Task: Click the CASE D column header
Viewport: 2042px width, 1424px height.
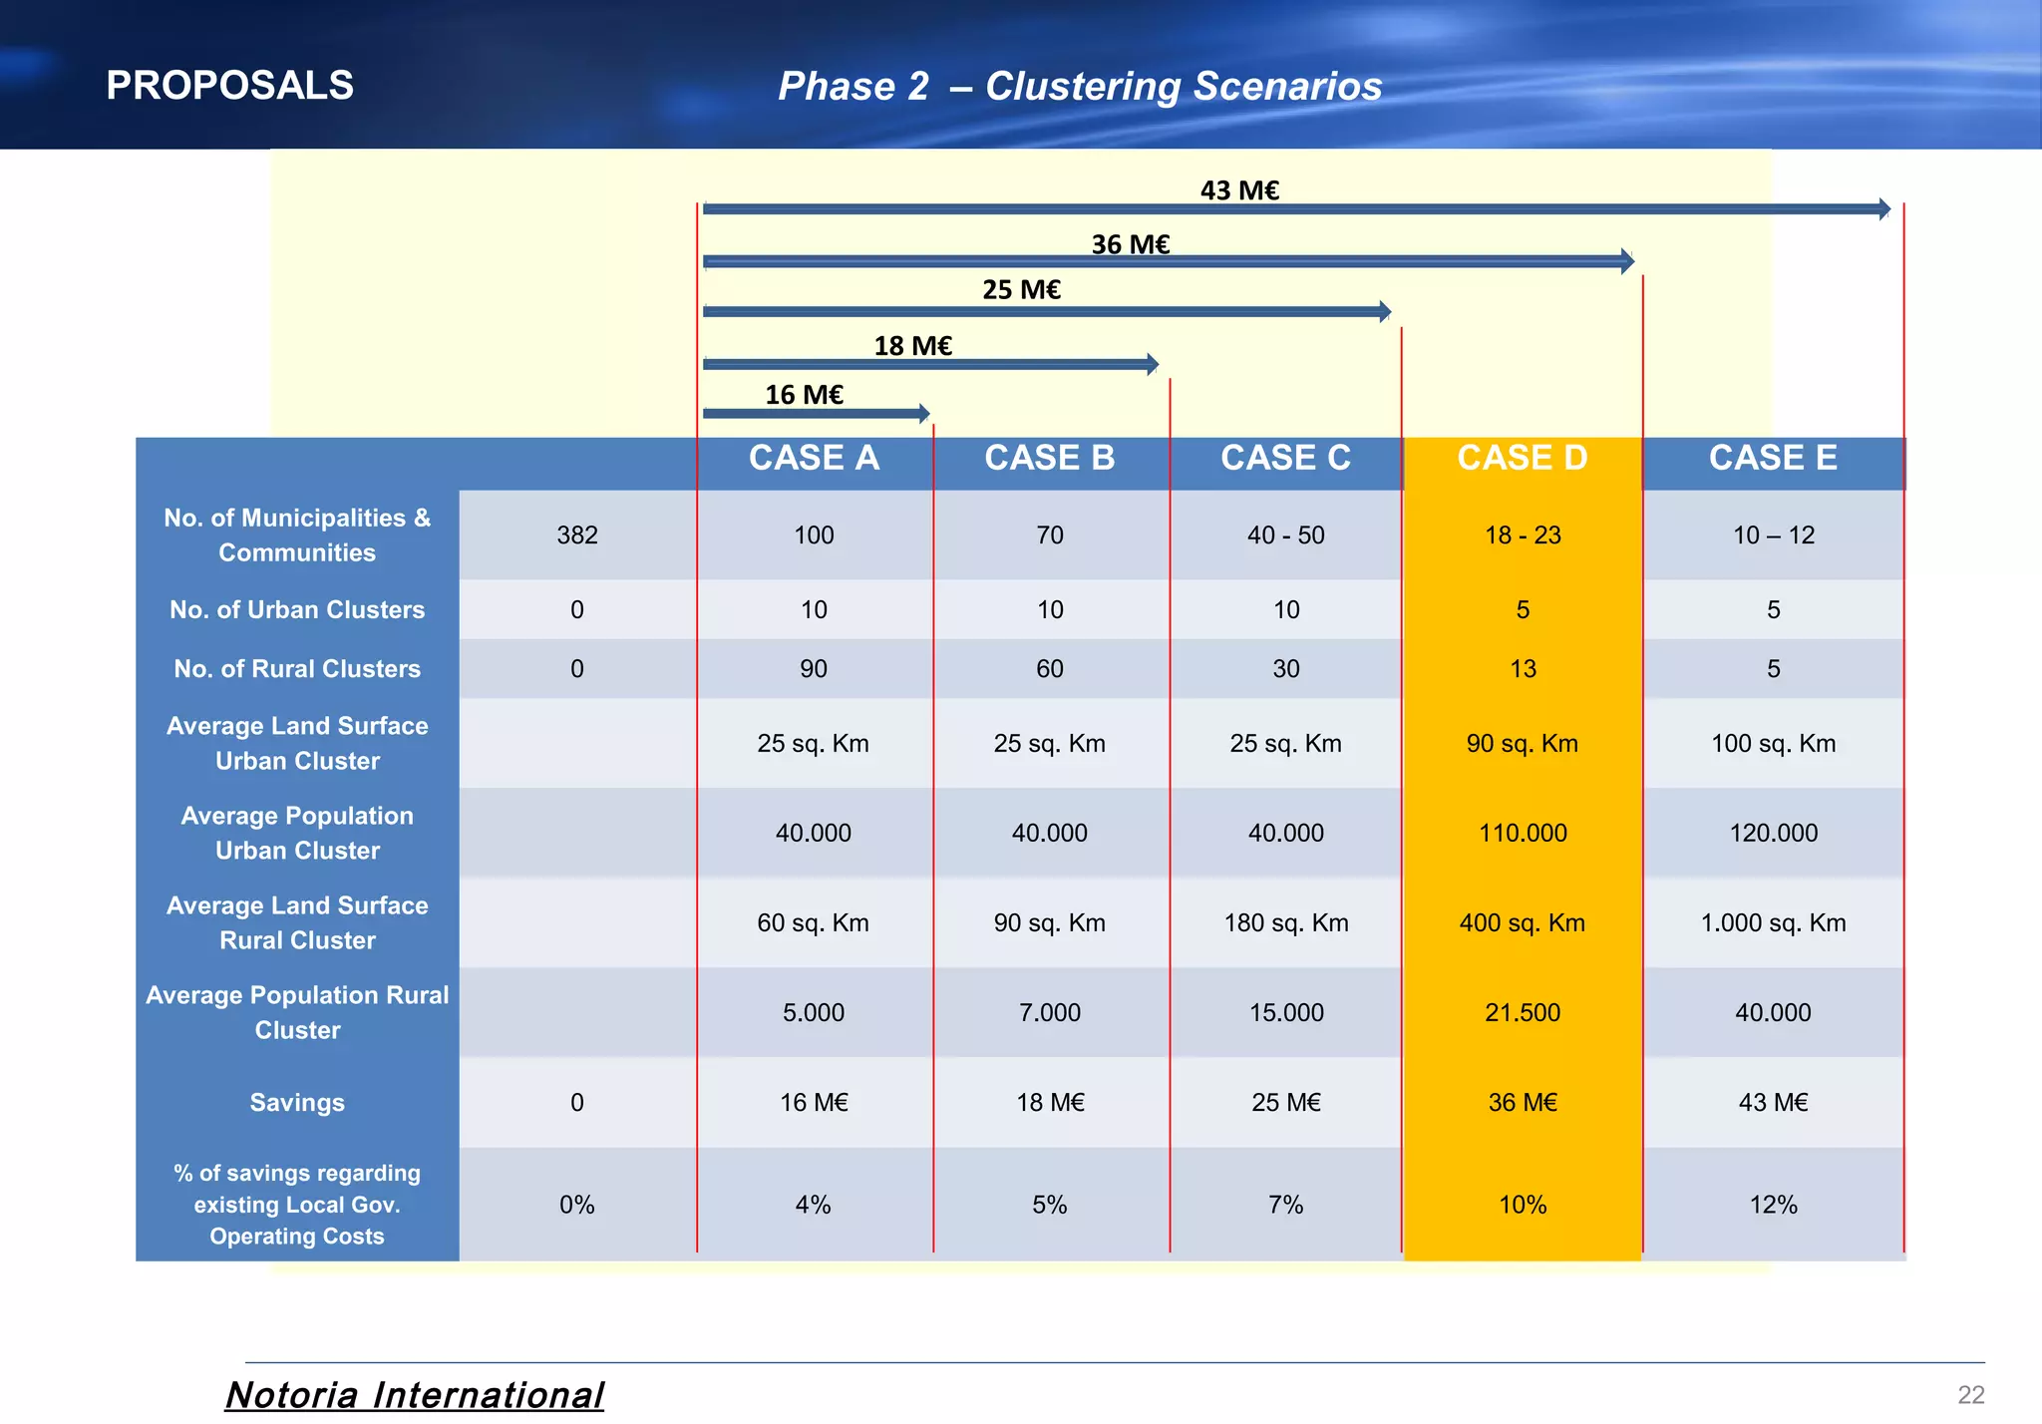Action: (1522, 459)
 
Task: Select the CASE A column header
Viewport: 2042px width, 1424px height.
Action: (814, 459)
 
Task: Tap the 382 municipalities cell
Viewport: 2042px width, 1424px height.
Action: (577, 535)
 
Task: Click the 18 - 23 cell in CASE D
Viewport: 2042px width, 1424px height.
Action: (1523, 535)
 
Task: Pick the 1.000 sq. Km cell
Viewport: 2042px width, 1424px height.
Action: (1773, 923)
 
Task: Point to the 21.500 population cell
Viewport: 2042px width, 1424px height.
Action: (1523, 1013)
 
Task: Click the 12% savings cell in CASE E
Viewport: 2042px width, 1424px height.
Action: (1773, 1205)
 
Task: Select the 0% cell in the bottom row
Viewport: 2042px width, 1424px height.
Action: (577, 1205)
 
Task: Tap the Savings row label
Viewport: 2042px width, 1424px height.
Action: (297, 1103)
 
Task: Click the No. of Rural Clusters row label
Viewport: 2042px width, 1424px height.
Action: (297, 669)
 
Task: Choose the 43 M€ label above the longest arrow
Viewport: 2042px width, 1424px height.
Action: (1239, 190)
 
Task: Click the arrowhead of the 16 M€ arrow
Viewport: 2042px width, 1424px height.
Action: (924, 413)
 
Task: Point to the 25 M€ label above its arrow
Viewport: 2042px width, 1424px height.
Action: (1021, 290)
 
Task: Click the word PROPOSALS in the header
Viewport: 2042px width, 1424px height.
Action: (229, 86)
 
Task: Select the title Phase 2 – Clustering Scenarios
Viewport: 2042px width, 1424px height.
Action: (1080, 87)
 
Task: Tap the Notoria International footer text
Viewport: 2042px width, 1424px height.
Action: (415, 1395)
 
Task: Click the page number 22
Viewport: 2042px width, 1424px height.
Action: (1970, 1395)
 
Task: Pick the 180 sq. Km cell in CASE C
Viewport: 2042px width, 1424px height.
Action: (1286, 923)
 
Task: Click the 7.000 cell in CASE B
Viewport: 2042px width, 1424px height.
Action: (1050, 1013)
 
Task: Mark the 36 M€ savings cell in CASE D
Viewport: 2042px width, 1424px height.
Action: (1523, 1103)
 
